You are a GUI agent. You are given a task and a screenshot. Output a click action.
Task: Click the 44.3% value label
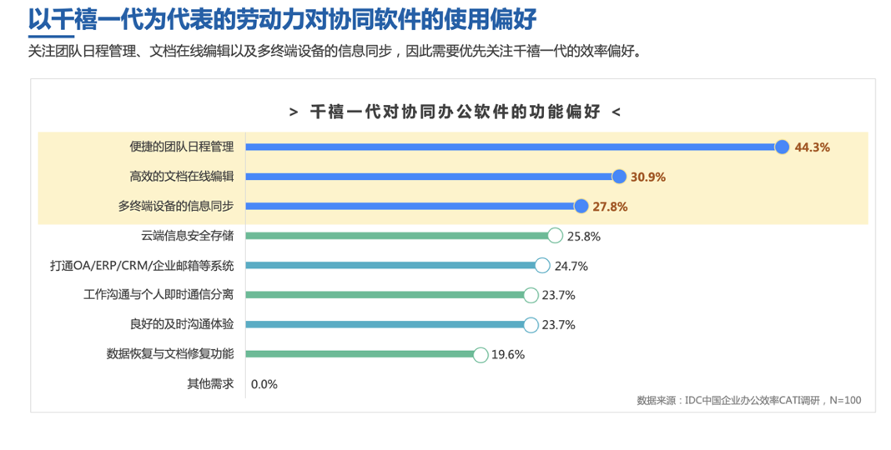click(x=812, y=147)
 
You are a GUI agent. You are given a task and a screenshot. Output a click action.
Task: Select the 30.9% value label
click(x=648, y=177)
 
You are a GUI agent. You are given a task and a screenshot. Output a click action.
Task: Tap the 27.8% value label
click(x=609, y=207)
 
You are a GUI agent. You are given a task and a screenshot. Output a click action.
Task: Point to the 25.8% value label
click(x=584, y=236)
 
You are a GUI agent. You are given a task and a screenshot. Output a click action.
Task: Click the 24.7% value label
click(x=571, y=266)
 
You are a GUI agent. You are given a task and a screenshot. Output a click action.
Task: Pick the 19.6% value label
click(x=507, y=354)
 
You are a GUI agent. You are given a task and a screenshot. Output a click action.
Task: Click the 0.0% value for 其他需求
click(x=264, y=384)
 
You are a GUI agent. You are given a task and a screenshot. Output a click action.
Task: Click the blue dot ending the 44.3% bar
click(x=782, y=147)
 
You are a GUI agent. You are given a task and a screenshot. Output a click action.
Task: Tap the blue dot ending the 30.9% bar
click(x=619, y=177)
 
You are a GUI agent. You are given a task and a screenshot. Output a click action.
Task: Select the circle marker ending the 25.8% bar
click(x=555, y=236)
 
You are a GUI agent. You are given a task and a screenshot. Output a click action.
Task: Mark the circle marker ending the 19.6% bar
click(x=481, y=354)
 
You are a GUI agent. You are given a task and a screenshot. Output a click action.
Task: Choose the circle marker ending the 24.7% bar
click(x=542, y=266)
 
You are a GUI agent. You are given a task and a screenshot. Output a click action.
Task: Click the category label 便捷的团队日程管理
click(x=181, y=147)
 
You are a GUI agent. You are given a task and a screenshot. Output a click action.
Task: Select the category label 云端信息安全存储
click(x=188, y=236)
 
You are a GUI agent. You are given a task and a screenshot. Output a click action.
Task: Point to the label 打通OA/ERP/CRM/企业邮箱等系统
click(x=142, y=266)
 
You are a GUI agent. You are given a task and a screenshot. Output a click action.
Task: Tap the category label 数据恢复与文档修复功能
click(x=170, y=354)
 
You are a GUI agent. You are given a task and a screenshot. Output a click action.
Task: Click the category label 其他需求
click(x=210, y=384)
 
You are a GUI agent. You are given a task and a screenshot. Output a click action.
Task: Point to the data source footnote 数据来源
click(x=748, y=401)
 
